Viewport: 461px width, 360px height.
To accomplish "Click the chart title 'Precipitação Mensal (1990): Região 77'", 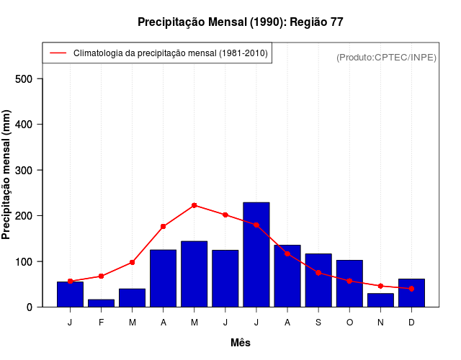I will [240, 22].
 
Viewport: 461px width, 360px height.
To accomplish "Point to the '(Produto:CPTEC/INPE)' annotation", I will [386, 58].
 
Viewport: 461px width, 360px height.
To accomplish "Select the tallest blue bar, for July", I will [256, 254].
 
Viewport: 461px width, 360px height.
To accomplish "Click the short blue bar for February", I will [101, 303].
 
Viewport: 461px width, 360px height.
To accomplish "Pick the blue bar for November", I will [380, 300].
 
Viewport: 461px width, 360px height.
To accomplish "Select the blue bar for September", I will [318, 280].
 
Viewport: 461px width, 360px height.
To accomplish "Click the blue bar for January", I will [70, 294].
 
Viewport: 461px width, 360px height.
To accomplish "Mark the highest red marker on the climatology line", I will [194, 205].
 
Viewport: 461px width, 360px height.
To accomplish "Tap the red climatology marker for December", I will [411, 289].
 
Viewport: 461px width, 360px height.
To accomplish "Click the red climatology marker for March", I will [132, 262].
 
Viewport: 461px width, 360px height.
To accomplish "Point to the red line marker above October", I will [349, 281].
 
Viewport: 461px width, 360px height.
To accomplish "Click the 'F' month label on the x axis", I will [101, 323].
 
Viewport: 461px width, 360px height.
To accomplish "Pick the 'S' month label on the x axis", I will [318, 323].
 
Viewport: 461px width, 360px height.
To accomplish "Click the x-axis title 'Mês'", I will [241, 343].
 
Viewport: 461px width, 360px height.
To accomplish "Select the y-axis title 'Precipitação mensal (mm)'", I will [7, 175].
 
